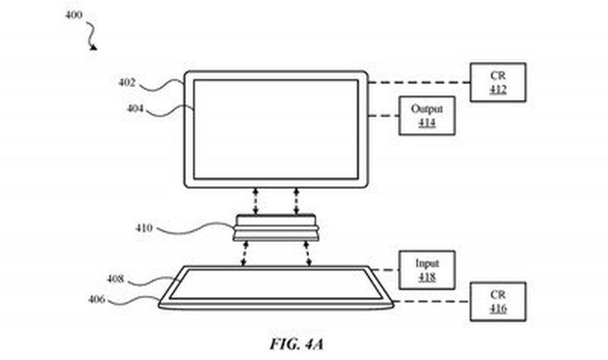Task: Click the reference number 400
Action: coord(74,15)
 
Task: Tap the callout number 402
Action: coord(127,82)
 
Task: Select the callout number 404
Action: coord(135,109)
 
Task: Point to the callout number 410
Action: coord(144,228)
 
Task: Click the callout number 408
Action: coord(116,279)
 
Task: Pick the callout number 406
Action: coord(97,299)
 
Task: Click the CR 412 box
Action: coord(498,82)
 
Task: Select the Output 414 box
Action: coord(427,116)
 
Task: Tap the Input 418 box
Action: coord(427,270)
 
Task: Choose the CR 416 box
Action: coord(498,302)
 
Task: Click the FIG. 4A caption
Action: coord(297,344)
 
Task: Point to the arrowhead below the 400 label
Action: coord(93,47)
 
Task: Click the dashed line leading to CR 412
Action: coord(419,82)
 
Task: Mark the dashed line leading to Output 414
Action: coord(384,116)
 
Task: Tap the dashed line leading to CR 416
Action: coord(431,301)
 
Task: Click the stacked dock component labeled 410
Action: coord(276,228)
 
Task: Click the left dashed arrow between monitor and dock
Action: coord(255,201)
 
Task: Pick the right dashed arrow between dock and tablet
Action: coord(308,254)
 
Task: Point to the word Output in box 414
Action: coord(427,109)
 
